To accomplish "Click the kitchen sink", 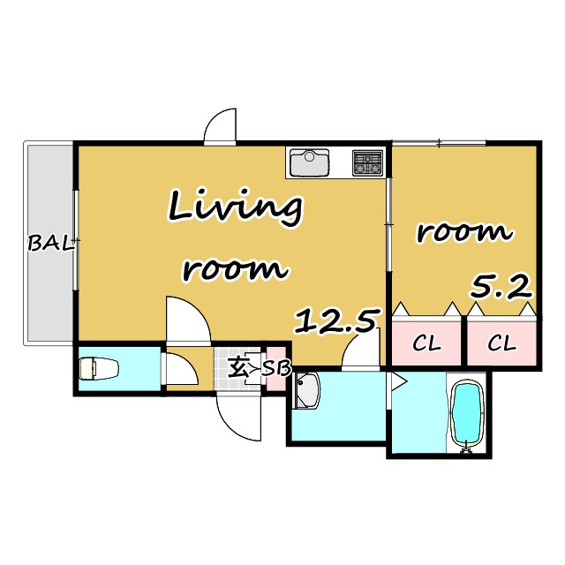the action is pos(310,162).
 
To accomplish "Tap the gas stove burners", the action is pos(367,162).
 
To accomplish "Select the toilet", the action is pos(98,368).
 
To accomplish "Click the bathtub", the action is pos(467,414).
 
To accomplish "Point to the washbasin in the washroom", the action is pos(307,390).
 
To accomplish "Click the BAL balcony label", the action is pos(51,244).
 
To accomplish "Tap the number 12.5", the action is pos(337,320).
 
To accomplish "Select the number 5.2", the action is pos(501,286).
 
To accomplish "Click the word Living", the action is pos(236,208).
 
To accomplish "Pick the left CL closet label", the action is pos(426,343).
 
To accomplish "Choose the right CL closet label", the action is pos(502,343).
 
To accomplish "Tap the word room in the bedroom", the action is pos(464,233).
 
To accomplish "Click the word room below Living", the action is pos(236,268).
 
